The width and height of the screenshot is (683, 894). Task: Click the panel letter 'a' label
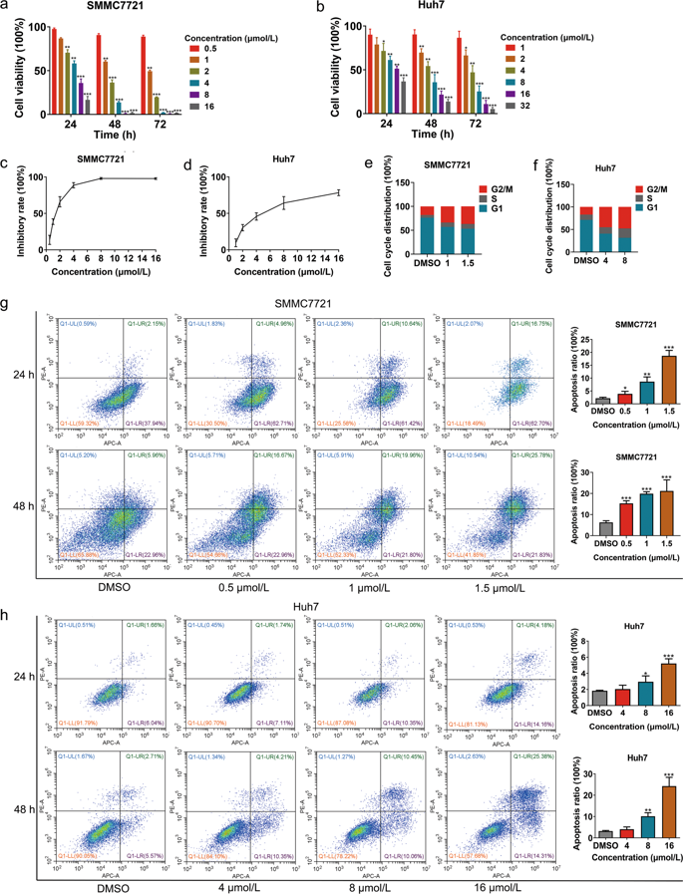tap(7, 8)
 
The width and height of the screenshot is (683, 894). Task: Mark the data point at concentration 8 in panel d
tap(283, 203)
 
